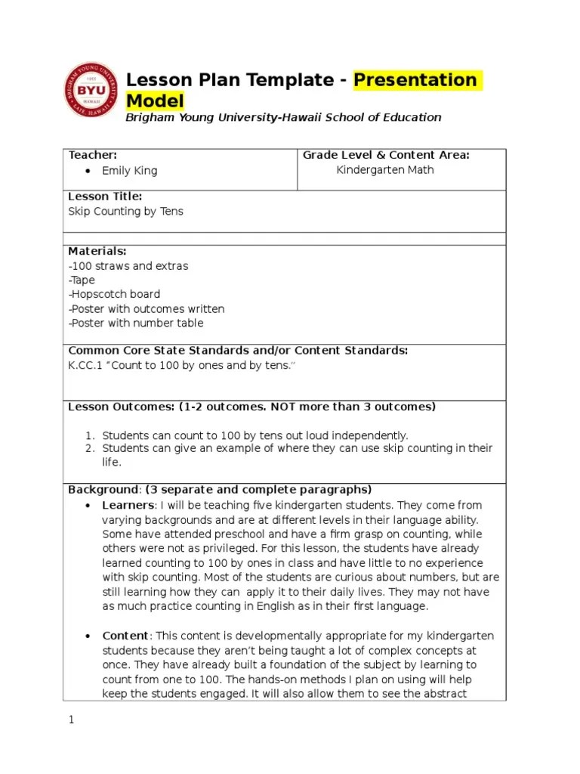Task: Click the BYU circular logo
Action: (89, 90)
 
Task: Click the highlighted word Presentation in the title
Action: (416, 80)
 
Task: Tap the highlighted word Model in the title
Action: (155, 101)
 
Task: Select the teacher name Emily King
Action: (129, 171)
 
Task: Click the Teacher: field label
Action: (93, 155)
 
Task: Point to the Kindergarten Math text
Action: (385, 170)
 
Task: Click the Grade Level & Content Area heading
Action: (386, 155)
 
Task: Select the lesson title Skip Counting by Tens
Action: (125, 212)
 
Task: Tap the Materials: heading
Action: (97, 251)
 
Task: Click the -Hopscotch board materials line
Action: (114, 294)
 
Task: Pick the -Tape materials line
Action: (82, 280)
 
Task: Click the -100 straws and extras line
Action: (128, 266)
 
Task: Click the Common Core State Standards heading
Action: (238, 351)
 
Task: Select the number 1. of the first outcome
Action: (88, 435)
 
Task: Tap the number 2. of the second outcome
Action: (88, 448)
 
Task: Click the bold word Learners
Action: (128, 505)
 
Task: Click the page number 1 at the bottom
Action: (71, 720)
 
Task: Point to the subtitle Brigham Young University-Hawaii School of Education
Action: (283, 117)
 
